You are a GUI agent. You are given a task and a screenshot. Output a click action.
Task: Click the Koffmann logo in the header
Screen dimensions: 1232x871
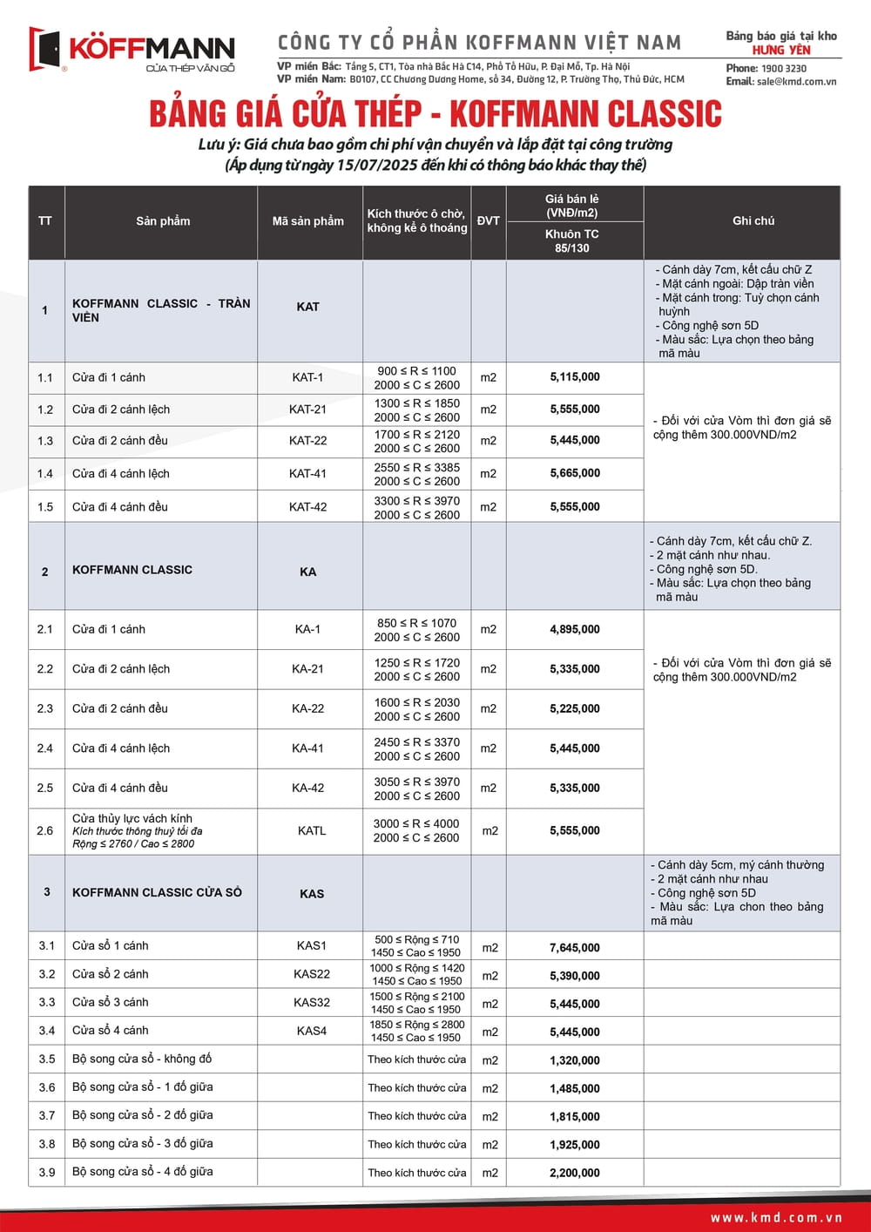pos(132,51)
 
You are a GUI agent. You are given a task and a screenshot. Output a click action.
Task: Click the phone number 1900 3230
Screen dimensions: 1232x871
pos(783,68)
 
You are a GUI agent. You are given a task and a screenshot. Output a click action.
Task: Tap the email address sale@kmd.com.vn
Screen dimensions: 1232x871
pos(796,81)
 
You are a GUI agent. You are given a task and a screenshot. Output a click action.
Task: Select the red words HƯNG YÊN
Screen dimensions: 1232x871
pos(781,50)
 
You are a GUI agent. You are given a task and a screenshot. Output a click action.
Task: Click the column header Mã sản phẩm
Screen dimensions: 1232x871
pos(307,221)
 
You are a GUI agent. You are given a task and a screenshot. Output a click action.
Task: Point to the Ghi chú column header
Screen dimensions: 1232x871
pos(753,221)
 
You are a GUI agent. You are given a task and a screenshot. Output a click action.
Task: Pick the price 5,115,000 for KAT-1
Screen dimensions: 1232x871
pos(575,377)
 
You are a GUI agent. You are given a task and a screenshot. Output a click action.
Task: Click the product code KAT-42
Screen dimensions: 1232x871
pos(307,507)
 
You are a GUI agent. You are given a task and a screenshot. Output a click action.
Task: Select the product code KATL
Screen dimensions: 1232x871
pos(311,831)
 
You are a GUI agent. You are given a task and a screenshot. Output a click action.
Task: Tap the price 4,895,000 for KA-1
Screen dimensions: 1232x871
pos(575,629)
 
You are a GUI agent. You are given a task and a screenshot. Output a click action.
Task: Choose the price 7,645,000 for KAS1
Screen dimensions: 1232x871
pos(575,948)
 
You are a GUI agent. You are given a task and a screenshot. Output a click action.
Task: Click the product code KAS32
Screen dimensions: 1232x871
pos(311,1003)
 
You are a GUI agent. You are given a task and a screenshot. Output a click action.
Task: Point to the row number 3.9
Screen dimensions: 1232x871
pos(46,1173)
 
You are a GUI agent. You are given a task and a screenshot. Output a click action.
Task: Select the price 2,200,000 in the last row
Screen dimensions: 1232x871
pos(575,1174)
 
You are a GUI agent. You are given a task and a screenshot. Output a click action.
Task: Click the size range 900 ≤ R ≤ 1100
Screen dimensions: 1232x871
pos(416,371)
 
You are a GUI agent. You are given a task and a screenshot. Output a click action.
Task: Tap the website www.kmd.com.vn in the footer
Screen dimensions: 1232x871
pos(776,1218)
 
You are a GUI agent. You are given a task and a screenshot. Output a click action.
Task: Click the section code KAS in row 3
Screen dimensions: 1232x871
pos(311,894)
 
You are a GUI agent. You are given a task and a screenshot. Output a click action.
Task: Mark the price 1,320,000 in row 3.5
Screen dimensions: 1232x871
pos(575,1060)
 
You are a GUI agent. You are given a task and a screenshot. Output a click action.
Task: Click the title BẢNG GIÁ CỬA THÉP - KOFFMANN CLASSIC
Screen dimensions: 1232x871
pos(435,114)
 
